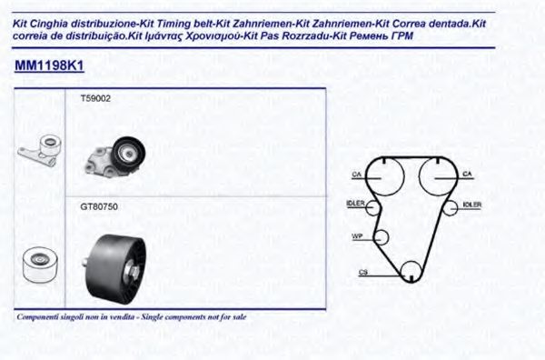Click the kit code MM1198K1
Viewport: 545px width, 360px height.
49,65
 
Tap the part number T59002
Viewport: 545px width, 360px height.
95,99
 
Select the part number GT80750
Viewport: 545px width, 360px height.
99,207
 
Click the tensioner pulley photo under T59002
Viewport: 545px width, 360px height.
115,156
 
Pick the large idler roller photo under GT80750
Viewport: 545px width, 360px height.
115,265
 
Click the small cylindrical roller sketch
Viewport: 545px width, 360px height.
40,265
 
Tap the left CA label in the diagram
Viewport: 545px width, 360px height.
357,175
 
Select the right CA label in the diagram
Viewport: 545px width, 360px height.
467,174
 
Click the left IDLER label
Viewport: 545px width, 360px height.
355,204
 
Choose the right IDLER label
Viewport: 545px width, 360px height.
472,205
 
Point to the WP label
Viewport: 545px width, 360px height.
357,236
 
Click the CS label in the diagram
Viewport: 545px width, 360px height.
363,272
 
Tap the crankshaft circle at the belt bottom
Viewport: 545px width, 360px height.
411,262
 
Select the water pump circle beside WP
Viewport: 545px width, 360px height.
381,230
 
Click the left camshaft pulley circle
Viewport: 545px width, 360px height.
385,159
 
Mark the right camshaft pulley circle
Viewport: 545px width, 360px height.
438,159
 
